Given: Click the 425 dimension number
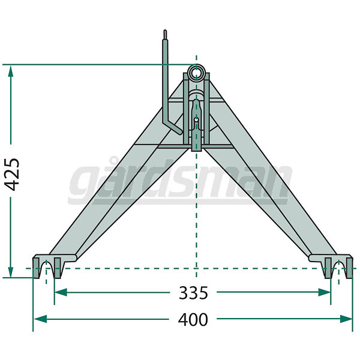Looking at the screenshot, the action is click(12, 175).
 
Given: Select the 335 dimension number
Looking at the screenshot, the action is click(193, 293).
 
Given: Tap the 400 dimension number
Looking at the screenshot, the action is click(193, 319).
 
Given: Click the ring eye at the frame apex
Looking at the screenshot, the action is click(196, 71).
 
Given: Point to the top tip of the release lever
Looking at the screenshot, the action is click(165, 31).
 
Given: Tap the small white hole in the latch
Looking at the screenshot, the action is click(196, 119).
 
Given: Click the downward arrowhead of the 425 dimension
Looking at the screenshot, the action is click(11, 271).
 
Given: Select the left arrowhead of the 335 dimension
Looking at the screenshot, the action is click(61, 293).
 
